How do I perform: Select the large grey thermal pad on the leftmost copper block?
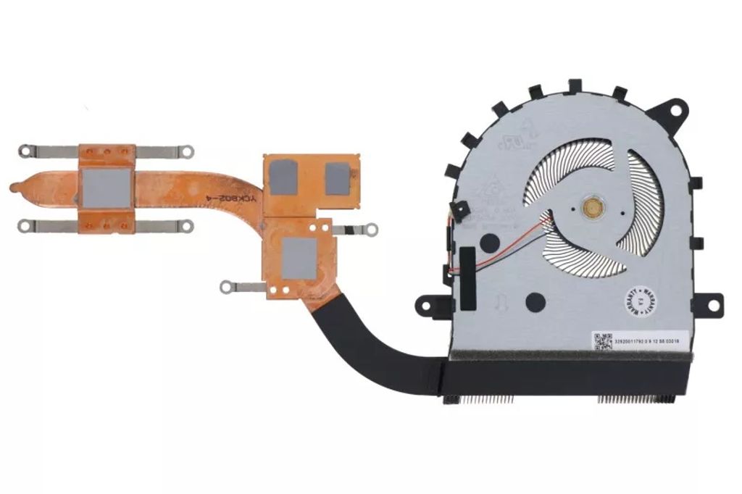[106, 188]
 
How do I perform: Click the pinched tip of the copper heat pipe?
[16, 188]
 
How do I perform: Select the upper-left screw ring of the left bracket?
[25, 151]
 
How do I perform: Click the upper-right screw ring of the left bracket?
[188, 151]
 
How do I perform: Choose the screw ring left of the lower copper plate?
[227, 287]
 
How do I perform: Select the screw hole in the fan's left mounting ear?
[426, 304]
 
